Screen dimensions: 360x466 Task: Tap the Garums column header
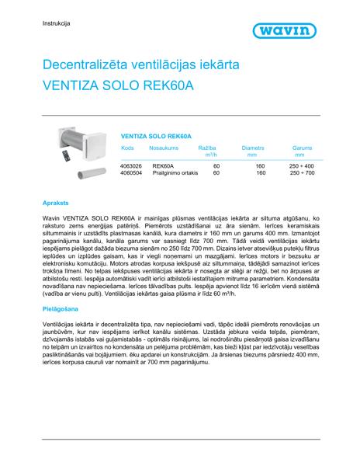pos(302,146)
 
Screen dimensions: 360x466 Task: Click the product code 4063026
pos(132,166)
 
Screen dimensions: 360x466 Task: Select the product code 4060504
pos(132,173)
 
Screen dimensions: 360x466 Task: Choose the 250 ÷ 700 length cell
pos(302,173)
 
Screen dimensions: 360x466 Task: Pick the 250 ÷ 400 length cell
pos(302,166)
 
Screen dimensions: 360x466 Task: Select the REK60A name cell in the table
pos(163,166)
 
